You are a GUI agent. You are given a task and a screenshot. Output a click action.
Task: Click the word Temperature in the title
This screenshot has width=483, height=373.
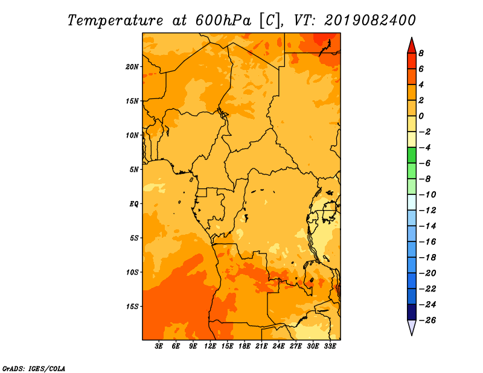pyautogui.click(x=115, y=21)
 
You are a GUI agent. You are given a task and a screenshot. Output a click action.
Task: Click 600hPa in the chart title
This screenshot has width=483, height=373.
pyautogui.click(x=223, y=21)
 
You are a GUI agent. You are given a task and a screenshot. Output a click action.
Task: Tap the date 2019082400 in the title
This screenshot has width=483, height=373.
pyautogui.click(x=370, y=21)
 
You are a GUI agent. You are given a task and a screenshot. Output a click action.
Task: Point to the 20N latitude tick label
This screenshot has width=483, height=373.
pyautogui.click(x=132, y=67)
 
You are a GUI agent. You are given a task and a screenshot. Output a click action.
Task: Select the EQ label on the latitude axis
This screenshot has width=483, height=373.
pyautogui.click(x=133, y=204)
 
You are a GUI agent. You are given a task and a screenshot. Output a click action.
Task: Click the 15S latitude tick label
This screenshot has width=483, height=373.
pyautogui.click(x=132, y=307)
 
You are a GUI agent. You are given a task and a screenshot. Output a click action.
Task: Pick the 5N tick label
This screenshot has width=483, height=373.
pyautogui.click(x=134, y=170)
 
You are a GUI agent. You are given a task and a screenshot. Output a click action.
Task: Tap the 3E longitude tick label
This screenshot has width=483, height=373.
pyautogui.click(x=159, y=346)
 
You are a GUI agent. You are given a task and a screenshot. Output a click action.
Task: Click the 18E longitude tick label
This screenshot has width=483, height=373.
pyautogui.click(x=245, y=346)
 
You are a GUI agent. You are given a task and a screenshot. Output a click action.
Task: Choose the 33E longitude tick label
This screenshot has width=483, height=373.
pyautogui.click(x=330, y=346)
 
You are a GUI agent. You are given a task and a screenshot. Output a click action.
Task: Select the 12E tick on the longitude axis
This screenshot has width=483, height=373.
pyautogui.click(x=210, y=346)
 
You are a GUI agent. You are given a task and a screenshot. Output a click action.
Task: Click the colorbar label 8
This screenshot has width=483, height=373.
pyautogui.click(x=421, y=53)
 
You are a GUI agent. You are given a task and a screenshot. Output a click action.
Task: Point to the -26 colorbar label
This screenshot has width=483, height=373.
pyautogui.click(x=427, y=320)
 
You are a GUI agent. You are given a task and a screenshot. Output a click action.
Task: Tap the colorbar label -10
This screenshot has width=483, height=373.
pyautogui.click(x=427, y=195)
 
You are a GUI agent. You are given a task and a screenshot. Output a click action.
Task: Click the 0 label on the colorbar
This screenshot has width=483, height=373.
pyautogui.click(x=421, y=116)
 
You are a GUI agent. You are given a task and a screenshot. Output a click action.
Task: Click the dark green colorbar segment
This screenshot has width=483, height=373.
pyautogui.click(x=412, y=155)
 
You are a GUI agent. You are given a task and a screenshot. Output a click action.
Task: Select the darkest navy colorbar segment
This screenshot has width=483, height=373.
pyautogui.click(x=412, y=312)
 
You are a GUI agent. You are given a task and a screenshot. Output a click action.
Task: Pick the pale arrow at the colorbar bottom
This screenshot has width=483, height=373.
pyautogui.click(x=412, y=327)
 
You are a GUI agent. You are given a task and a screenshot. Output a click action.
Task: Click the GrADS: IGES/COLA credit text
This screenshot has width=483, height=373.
pyautogui.click(x=34, y=368)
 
